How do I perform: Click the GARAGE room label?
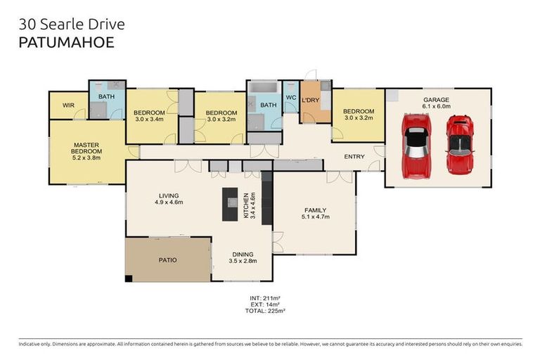[436, 100]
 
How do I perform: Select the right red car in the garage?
[460, 145]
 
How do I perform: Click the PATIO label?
[167, 260]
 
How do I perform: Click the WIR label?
[68, 105]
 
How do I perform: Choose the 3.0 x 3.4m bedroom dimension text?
[149, 119]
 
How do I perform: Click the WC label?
[290, 98]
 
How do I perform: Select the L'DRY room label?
[311, 101]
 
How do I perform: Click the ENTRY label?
[354, 156]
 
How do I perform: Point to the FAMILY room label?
[315, 210]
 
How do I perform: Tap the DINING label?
[243, 255]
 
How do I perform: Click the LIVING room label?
[168, 195]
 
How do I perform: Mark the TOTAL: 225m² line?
[265, 310]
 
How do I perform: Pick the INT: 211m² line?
[265, 298]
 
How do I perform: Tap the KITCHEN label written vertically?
[245, 205]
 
